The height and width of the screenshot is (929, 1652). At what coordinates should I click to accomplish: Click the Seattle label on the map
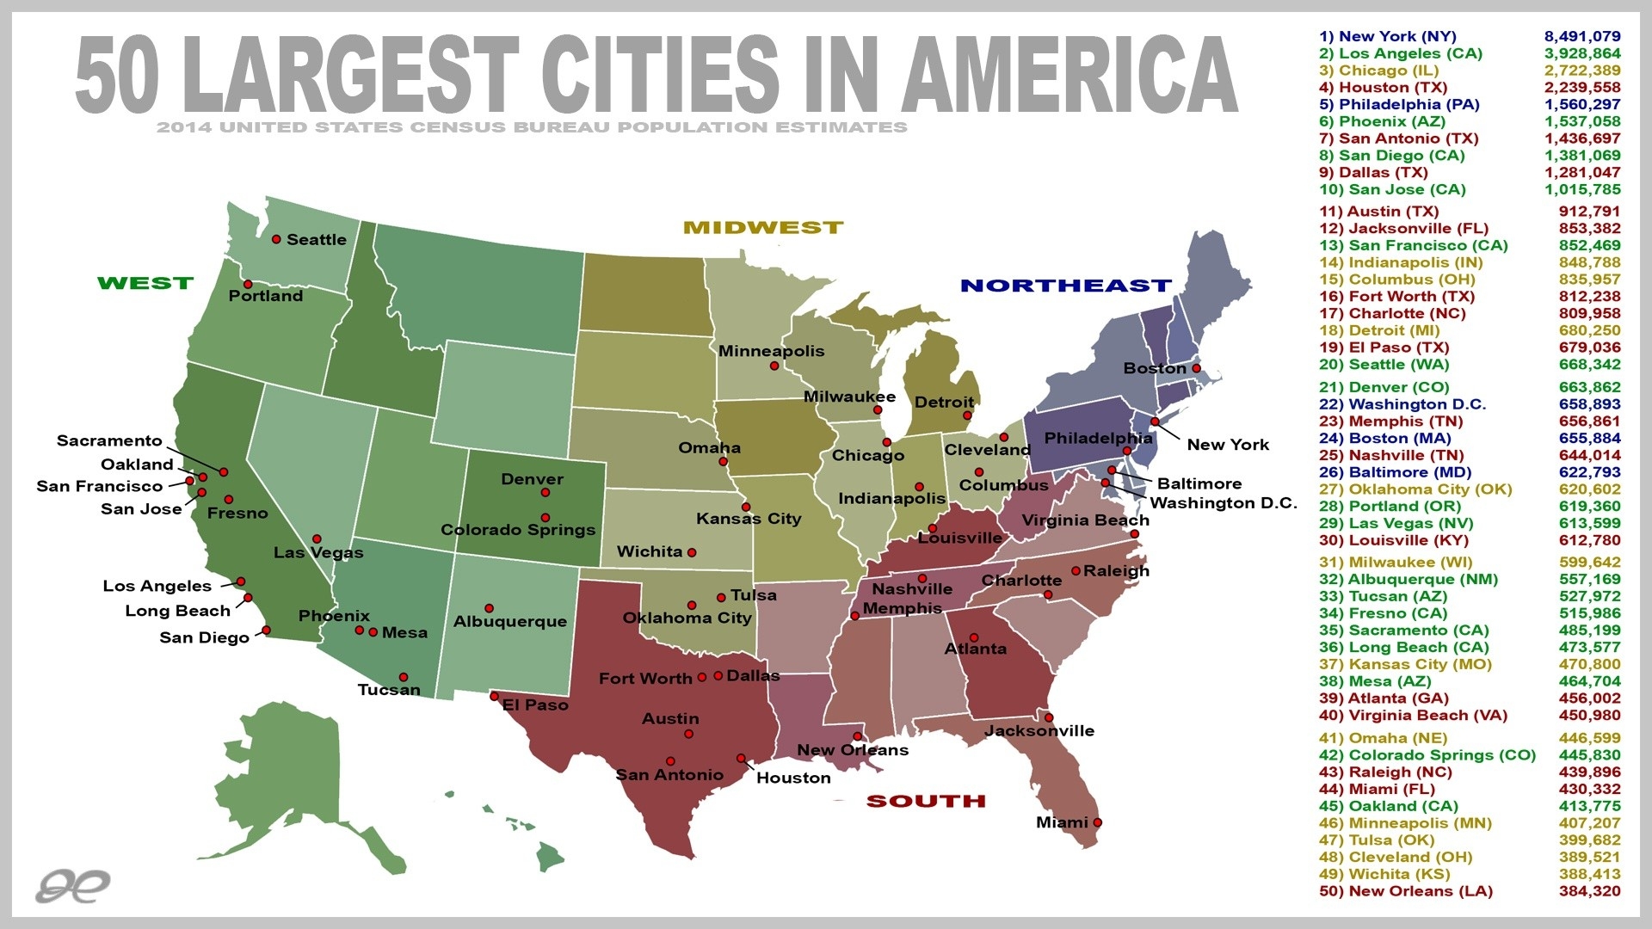coord(316,240)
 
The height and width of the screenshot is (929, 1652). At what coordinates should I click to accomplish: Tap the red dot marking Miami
coord(1097,822)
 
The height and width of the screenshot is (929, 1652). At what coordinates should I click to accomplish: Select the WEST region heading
coord(145,283)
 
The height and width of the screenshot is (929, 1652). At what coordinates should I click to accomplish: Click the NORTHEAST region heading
coord(1066,286)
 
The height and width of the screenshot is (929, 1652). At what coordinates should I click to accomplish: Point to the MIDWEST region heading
coord(763,228)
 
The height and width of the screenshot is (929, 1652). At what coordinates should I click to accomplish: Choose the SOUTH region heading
coord(926,802)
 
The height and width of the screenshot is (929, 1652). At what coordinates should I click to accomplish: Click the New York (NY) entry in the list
coord(1388,36)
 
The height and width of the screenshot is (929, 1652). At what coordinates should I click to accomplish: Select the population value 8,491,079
coord(1582,36)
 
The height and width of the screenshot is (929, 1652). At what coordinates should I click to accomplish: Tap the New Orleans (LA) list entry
coord(1406,891)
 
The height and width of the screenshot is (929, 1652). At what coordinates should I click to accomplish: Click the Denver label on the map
coord(532,479)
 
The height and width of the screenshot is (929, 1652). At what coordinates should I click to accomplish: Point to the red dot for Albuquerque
coord(489,608)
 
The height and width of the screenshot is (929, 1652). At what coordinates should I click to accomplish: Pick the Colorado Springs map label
coord(518,530)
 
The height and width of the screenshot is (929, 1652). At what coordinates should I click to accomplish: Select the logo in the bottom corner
coord(73,885)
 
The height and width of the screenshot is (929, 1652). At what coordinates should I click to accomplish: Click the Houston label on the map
coord(793,778)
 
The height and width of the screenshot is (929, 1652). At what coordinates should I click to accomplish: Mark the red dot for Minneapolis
coord(774,366)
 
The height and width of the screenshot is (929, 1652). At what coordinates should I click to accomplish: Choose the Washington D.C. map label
coord(1224,502)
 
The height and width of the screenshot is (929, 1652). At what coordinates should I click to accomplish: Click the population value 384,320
coord(1589,891)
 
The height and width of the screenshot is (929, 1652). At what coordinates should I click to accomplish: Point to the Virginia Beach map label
coord(1085,520)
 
